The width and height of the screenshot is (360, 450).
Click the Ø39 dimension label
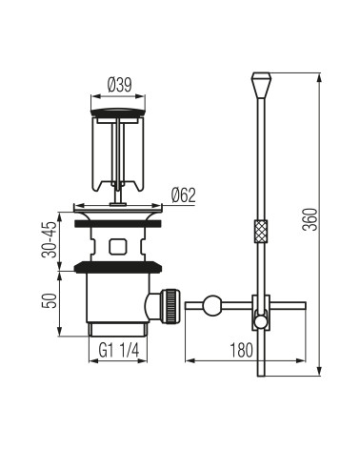[119, 85]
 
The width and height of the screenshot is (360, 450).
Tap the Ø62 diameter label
[184, 195]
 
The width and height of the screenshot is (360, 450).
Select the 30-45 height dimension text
[50, 239]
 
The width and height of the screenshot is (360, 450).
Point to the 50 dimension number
[50, 300]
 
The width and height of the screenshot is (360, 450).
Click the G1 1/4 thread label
[119, 351]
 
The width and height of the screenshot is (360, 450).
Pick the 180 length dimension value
[241, 350]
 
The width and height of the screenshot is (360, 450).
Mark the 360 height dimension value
[310, 219]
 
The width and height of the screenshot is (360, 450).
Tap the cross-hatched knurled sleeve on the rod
[261, 231]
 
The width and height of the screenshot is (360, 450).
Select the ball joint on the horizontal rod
[212, 306]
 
